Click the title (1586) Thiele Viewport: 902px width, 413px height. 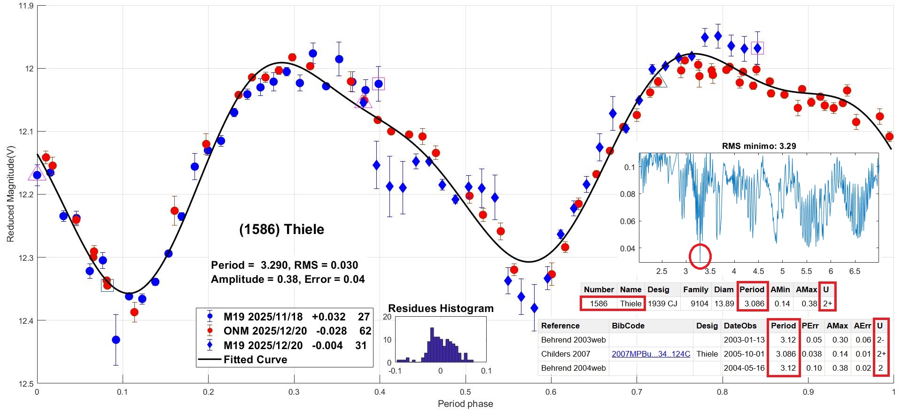pos(281,229)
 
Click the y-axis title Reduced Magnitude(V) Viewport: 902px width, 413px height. pos(10,194)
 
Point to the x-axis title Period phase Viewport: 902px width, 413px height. pos(465,404)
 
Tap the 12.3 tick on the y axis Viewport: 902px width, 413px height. pos(26,257)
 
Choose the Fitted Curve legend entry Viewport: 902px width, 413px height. pos(255,359)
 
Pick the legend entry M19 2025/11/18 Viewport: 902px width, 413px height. pos(263,317)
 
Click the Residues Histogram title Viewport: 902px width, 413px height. pos(441,308)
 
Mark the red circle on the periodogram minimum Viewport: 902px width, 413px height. pos(700,256)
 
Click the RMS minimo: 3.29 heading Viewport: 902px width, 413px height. pos(759,146)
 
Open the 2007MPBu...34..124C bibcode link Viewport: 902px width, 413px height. pos(651,354)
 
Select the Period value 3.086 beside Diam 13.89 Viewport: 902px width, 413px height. pos(754,304)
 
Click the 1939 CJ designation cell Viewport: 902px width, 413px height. pos(662,304)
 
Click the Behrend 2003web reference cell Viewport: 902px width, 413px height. pos(573,340)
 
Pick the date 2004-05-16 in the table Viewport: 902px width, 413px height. pos(744,368)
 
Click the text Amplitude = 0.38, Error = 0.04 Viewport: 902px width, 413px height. pos(288,279)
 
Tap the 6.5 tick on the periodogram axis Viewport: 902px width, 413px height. pos(855,271)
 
